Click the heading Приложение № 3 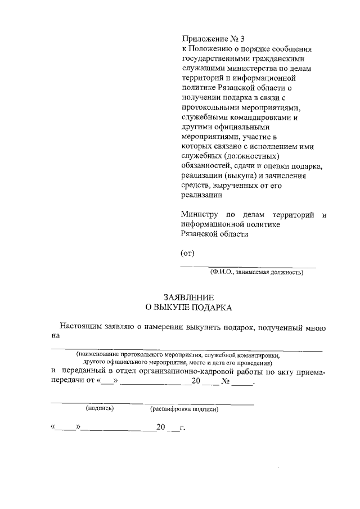click(213, 39)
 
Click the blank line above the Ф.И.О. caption click(247, 266)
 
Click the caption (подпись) click(100, 408)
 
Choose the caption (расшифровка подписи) click(184, 409)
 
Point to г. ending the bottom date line click(182, 427)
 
